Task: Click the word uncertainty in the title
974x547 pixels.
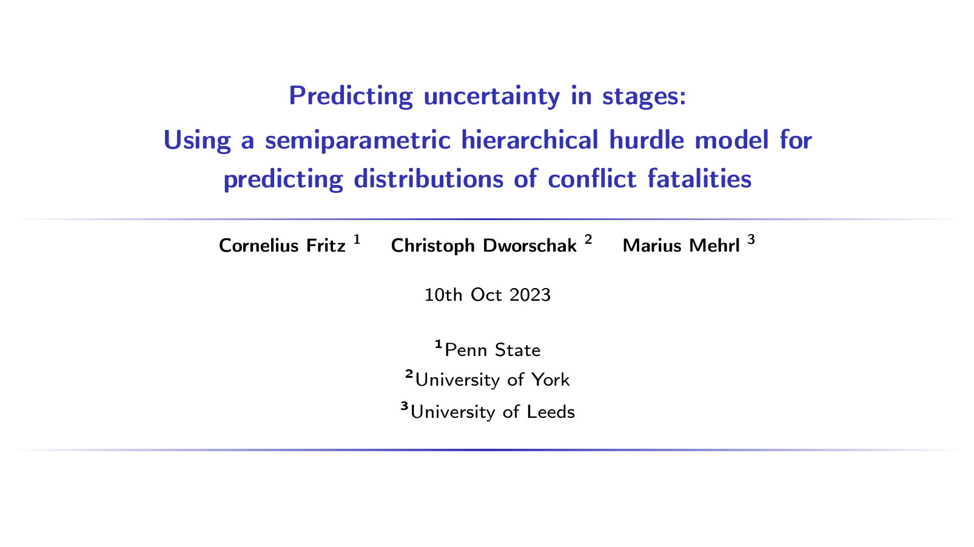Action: (x=491, y=96)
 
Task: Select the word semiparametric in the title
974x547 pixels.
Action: (x=357, y=141)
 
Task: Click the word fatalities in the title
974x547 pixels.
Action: (x=699, y=179)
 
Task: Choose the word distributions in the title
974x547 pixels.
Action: (x=428, y=179)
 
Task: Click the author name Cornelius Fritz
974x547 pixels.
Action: (x=282, y=246)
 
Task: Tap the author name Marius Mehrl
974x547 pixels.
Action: (x=681, y=246)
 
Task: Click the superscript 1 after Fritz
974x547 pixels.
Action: (x=357, y=240)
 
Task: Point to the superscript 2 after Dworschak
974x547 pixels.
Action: (x=588, y=240)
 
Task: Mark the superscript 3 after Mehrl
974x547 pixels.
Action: (x=751, y=240)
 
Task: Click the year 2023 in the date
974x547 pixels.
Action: (x=530, y=295)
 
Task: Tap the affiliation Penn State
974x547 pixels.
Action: (x=492, y=350)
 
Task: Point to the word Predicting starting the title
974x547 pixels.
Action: (x=351, y=96)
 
